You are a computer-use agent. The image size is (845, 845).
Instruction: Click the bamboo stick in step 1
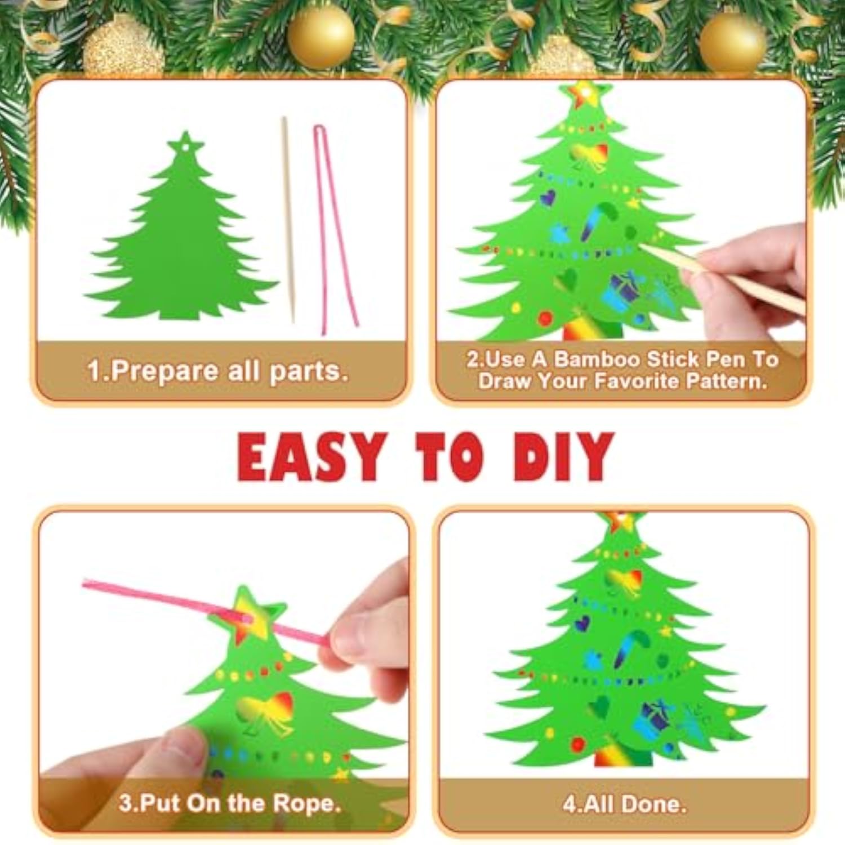click(x=288, y=220)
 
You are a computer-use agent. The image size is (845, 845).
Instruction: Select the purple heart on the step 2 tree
click(x=547, y=197)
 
